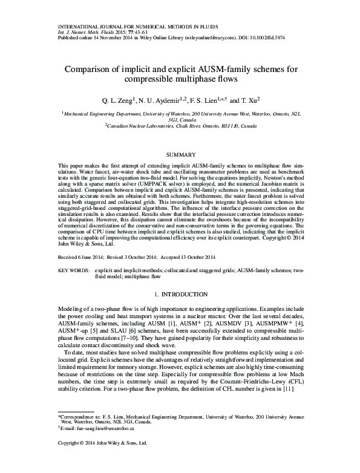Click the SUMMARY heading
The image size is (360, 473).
point(180,155)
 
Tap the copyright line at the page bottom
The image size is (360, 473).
point(102,443)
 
